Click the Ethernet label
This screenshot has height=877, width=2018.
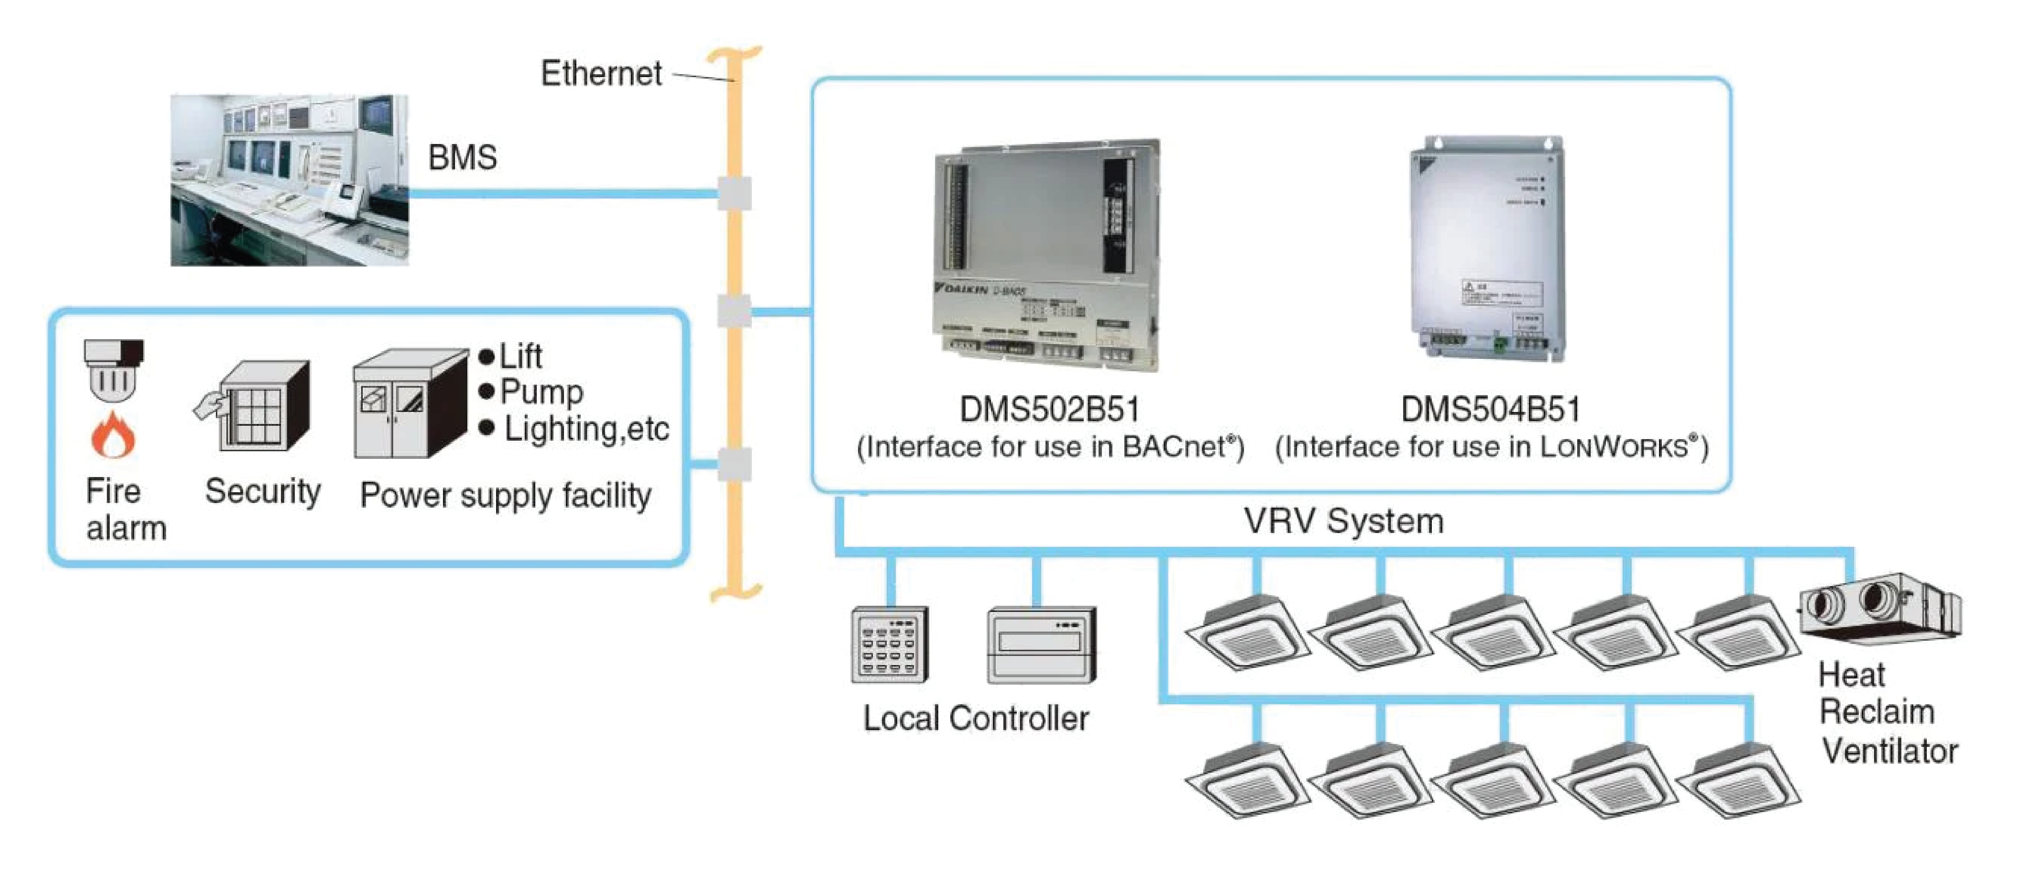[x=601, y=74]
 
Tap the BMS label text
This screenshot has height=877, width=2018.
[x=462, y=157]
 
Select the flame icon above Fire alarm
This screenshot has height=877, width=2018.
[x=113, y=436]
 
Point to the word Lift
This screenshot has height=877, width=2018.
[x=521, y=357]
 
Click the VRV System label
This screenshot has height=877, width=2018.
[x=1344, y=521]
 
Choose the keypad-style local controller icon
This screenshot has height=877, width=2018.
[x=889, y=644]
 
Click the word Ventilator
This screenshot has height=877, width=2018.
[x=1889, y=751]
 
